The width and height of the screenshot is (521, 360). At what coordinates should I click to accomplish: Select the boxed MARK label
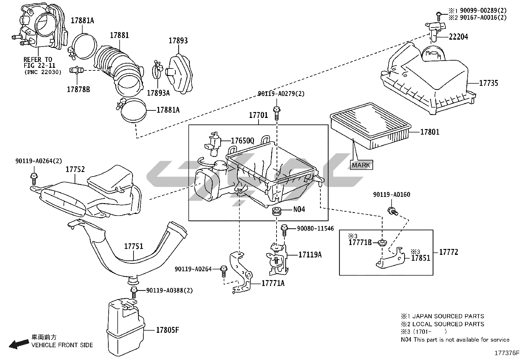pos(361,165)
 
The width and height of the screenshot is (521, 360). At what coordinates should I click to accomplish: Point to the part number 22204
pos(458,37)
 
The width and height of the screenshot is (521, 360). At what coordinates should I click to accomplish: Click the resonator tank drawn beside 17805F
pos(125,324)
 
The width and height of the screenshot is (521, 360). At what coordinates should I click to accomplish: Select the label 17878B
pos(78,89)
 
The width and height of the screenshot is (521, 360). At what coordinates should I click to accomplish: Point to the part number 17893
pos(178,41)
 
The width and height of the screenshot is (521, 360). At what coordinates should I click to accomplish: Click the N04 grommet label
pos(299,209)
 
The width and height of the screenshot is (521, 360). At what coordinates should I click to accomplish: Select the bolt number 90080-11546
pos(315,228)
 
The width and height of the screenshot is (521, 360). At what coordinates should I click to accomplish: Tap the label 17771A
pos(273,283)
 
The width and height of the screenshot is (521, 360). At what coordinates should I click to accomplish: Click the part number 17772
pos(448,252)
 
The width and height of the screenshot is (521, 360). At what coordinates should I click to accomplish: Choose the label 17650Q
pos(242,141)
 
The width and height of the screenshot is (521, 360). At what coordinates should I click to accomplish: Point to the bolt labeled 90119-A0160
pos(392,211)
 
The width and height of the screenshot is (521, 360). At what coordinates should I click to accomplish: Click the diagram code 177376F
pos(507,353)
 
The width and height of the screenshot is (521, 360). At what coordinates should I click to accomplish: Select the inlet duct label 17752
pos(75,169)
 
